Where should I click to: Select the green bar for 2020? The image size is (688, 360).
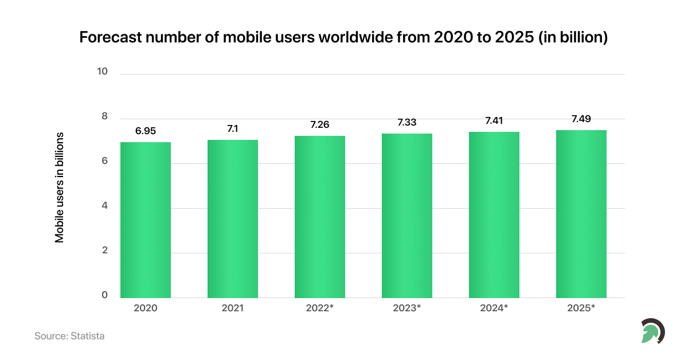point(146,220)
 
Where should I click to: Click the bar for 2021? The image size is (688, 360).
point(233,219)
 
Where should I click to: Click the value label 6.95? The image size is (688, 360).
point(146,131)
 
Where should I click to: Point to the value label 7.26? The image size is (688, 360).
point(320,124)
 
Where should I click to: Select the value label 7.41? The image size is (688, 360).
point(494,120)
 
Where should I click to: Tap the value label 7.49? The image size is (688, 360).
point(581,119)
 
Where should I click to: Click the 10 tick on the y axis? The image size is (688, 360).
point(103,72)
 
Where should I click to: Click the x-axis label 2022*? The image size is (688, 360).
point(320,308)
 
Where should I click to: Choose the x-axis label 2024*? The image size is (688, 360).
point(494,308)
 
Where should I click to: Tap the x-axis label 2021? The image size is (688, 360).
point(233,308)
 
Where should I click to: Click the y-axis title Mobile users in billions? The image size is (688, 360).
point(60,187)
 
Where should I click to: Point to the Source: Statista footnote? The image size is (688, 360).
point(69,336)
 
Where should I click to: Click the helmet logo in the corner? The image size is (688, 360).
point(652,331)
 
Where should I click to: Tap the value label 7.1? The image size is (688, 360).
point(233,128)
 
